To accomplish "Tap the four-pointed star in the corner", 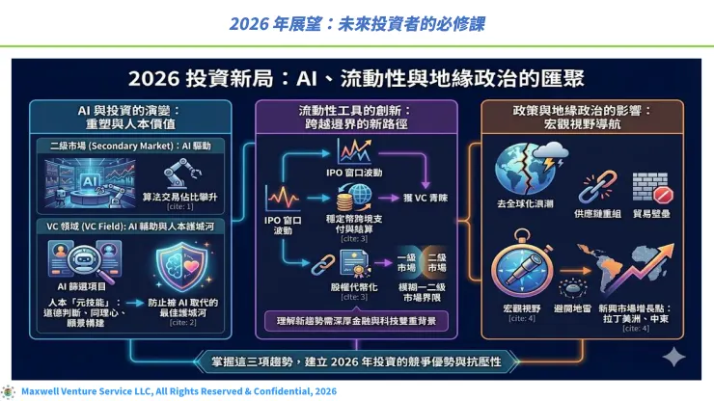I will pyautogui.click(x=673, y=356).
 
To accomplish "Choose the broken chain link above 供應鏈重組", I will pyautogui.click(x=591, y=183).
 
